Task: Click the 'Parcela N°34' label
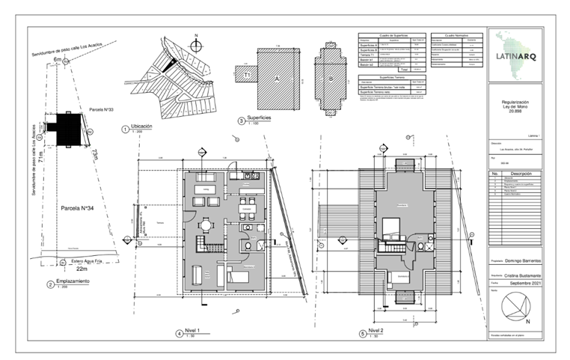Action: (76, 207)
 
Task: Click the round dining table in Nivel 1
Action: (205, 224)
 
